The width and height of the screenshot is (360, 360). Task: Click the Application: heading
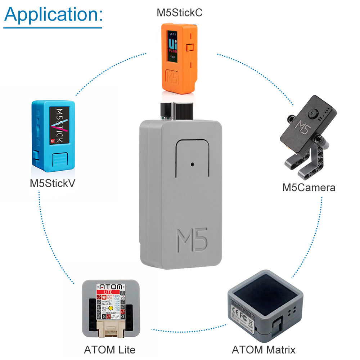coord(54,14)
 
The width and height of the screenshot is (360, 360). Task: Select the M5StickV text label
coord(53,183)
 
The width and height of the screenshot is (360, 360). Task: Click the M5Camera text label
coord(309,188)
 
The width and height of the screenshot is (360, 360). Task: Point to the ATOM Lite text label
coord(109,350)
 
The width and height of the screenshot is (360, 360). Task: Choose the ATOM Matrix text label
coord(264,350)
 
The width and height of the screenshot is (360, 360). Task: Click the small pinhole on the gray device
coord(193,164)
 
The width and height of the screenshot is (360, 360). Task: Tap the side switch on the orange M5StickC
coord(190,48)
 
